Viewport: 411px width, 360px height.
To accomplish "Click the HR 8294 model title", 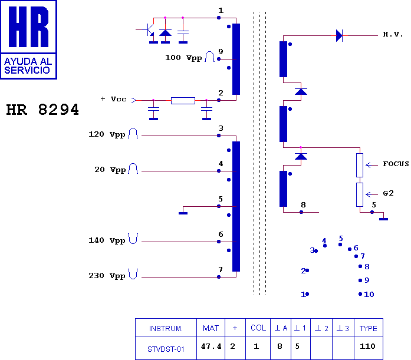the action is point(42,110).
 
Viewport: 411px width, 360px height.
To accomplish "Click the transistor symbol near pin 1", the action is point(148,29).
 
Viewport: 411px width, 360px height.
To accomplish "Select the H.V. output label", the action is point(393,34).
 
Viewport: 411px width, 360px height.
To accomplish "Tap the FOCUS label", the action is point(396,164).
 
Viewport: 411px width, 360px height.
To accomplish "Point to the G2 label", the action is point(388,193).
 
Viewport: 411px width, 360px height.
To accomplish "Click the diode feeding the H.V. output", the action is point(339,35).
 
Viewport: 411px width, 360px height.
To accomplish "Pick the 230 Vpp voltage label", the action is point(107,276).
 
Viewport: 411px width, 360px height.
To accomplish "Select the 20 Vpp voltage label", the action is point(110,170).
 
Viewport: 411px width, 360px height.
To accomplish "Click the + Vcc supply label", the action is point(113,99).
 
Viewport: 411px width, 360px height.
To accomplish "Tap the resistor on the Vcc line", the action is point(183,101).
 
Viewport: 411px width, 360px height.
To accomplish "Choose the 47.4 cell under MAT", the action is point(211,346).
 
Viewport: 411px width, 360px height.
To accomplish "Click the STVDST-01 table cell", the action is point(166,349).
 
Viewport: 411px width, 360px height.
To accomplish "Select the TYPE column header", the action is point(369,328).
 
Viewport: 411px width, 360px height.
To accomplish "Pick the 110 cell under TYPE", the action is point(367,346).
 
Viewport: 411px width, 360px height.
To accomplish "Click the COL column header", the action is point(258,328).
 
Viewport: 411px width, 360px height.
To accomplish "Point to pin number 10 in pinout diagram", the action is point(369,294).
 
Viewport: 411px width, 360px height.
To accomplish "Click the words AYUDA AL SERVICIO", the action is point(28,66).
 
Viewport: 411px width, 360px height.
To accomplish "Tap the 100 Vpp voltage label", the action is point(183,58).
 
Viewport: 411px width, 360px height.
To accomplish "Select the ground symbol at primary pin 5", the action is point(183,213).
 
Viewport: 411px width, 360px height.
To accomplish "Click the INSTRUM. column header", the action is point(166,329).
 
